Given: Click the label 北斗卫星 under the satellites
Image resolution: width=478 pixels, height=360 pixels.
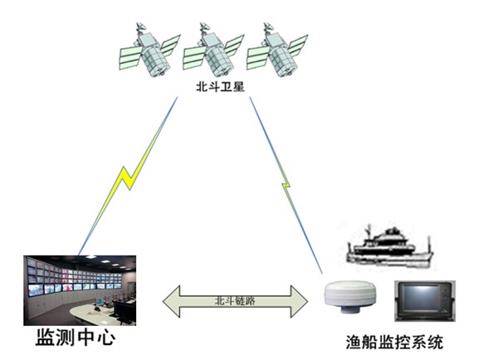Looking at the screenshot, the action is click(x=220, y=87).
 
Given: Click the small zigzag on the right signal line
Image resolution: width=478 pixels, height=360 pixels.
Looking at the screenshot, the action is click(x=286, y=185).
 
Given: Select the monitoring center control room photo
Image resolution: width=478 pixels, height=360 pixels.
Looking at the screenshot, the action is click(x=80, y=290).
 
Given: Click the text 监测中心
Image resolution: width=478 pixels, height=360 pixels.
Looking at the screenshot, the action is click(x=76, y=338).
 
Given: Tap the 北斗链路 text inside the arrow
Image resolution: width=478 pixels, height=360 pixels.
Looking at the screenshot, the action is click(x=235, y=301).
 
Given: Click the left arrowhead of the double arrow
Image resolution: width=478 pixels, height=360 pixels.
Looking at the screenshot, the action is click(x=171, y=301).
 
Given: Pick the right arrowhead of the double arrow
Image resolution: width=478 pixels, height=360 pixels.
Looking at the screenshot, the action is click(x=299, y=301).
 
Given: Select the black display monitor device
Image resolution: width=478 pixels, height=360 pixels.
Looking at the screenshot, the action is click(x=425, y=301).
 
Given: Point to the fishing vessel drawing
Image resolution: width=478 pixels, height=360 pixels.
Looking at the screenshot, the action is click(x=389, y=247).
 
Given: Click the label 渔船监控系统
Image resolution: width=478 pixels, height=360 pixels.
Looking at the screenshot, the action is click(x=394, y=342).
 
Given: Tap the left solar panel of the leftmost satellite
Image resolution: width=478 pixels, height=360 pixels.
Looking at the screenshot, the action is click(x=131, y=58).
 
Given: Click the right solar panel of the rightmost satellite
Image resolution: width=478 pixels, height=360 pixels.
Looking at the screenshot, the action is click(x=298, y=45).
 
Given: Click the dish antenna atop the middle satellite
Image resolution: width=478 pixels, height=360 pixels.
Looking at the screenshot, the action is click(x=204, y=27).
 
